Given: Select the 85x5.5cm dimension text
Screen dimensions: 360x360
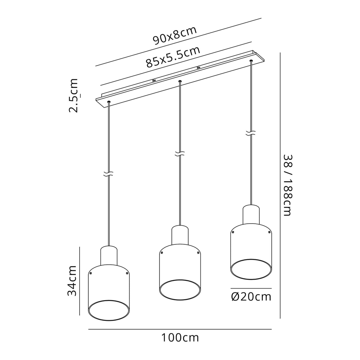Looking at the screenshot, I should (173, 57).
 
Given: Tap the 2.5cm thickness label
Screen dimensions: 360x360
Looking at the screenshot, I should (74, 95).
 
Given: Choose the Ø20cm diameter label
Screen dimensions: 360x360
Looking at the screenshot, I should (251, 297).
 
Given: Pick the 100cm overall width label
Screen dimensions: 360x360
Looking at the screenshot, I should (180, 338).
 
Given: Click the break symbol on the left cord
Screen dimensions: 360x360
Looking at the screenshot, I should (109, 174).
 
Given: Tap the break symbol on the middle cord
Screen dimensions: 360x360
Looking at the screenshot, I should (180, 154).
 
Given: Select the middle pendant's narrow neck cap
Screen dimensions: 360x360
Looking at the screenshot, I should (180, 235).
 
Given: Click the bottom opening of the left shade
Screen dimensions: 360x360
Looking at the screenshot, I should (109, 310).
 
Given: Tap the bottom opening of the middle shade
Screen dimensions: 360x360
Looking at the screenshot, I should (180, 290).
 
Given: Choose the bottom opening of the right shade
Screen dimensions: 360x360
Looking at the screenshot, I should (251, 269).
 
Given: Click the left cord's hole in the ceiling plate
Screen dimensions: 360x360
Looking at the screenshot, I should (109, 102).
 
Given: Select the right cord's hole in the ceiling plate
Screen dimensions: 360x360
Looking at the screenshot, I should (251, 61).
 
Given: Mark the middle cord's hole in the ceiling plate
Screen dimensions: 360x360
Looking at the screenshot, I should (180, 81).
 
